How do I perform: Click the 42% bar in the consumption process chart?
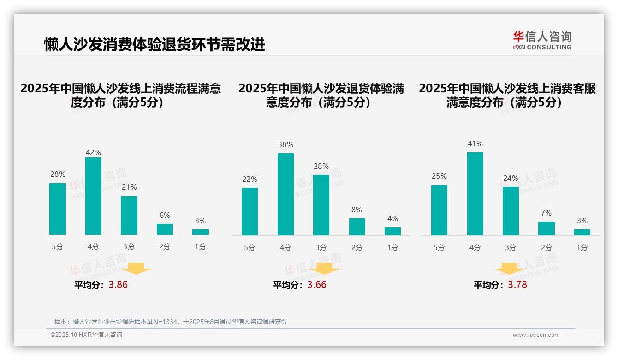pyautogui.click(x=93, y=196)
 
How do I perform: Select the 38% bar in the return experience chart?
pyautogui.click(x=285, y=194)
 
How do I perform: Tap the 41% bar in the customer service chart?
pyautogui.click(x=475, y=194)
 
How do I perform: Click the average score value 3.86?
pyautogui.click(x=118, y=285)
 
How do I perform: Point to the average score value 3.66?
pyautogui.click(x=317, y=285)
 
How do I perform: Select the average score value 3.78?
pyautogui.click(x=517, y=285)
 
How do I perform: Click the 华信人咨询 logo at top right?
pyautogui.click(x=542, y=40)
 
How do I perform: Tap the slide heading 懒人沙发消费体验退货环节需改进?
pyautogui.click(x=154, y=44)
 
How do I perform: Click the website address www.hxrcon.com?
pyautogui.click(x=536, y=335)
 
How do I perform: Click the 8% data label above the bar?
pyautogui.click(x=357, y=210)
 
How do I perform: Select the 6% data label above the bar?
pyautogui.click(x=165, y=215)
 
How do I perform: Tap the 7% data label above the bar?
pyautogui.click(x=546, y=213)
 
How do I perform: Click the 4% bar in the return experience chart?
pyautogui.click(x=392, y=231)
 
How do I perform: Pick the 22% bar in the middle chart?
pyautogui.click(x=250, y=211)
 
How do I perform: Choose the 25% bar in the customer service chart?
pyautogui.click(x=439, y=210)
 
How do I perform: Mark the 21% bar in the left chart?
pyautogui.click(x=129, y=216)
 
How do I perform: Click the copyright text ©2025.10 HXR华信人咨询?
pyautogui.click(x=86, y=335)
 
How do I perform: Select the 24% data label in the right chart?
pyautogui.click(x=511, y=178)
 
